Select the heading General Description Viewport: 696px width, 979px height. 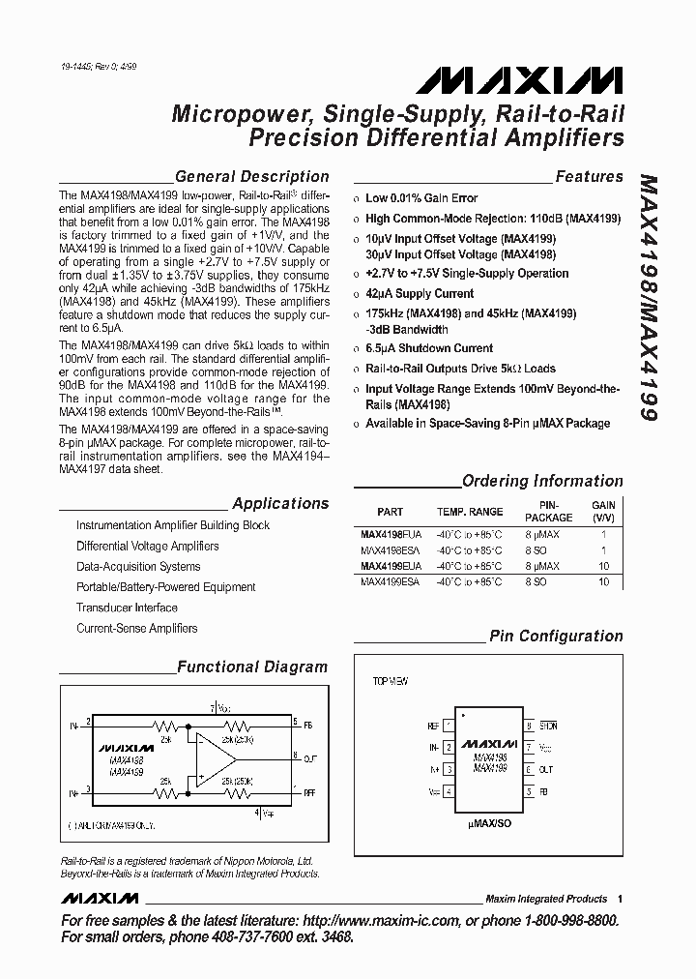[251, 177]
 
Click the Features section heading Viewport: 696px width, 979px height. [589, 177]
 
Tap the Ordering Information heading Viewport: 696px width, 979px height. [542, 481]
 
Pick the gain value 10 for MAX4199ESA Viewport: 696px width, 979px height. [603, 582]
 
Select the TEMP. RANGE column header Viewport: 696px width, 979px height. [470, 512]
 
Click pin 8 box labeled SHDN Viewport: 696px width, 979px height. [529, 725]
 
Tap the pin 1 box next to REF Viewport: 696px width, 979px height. [449, 725]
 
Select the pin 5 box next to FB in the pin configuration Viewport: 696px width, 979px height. [529, 791]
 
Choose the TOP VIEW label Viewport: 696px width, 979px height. [391, 681]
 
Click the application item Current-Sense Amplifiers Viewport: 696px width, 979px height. [136, 629]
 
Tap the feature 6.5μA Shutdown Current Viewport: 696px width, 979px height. [428, 348]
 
